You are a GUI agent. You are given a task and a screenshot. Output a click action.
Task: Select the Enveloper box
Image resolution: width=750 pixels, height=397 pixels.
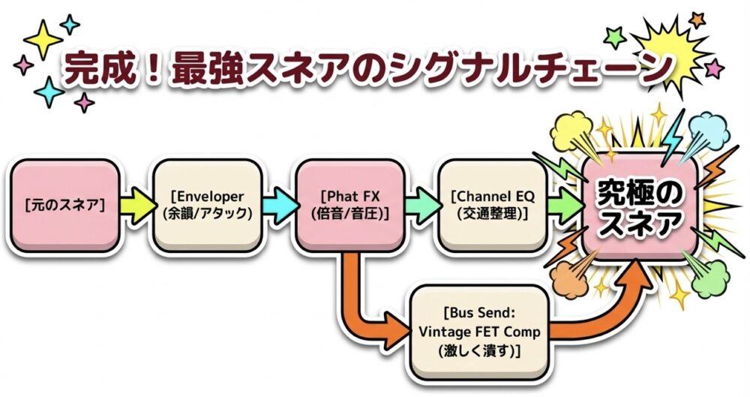pyautogui.click(x=201, y=204)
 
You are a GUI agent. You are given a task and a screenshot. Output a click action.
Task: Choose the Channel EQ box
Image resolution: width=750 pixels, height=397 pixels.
pyautogui.click(x=489, y=204)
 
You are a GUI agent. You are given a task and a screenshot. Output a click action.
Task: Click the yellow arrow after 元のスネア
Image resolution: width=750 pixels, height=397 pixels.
pyautogui.click(x=136, y=205)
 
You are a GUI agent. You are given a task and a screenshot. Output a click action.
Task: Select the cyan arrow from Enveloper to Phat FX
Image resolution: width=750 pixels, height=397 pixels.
pyautogui.click(x=278, y=205)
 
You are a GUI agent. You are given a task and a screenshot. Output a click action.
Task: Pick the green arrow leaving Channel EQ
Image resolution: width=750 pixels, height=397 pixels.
pyautogui.click(x=564, y=205)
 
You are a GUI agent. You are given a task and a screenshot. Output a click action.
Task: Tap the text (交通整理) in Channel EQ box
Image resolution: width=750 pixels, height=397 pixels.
pyautogui.click(x=489, y=213)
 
